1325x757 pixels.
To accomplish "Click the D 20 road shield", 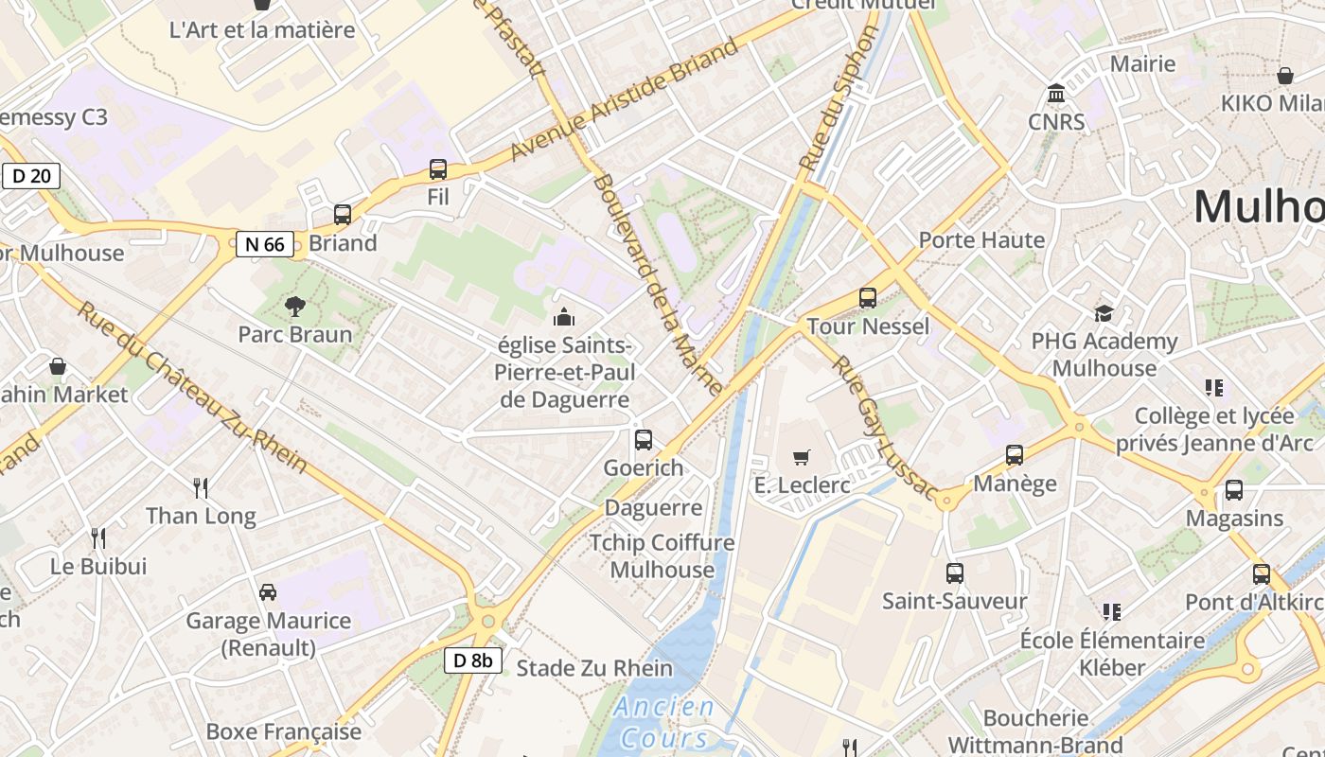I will [31, 176].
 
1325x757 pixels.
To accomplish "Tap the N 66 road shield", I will [264, 244].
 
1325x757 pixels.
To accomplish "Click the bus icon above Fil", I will [438, 169].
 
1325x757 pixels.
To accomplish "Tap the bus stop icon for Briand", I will [343, 215].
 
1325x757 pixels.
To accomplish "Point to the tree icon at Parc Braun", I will [295, 306].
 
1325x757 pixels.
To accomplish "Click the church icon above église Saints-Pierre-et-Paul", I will [564, 316].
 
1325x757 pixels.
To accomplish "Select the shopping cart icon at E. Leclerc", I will [802, 458].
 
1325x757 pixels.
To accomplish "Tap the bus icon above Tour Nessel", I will [867, 298].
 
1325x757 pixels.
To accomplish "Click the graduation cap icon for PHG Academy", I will [1104, 313].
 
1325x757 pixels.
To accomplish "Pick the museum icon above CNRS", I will [1056, 94].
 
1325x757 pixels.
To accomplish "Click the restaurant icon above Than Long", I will [201, 488].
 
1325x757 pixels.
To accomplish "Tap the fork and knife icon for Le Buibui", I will [98, 538].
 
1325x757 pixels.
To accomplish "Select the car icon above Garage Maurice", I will [268, 592].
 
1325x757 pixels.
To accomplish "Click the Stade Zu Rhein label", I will [594, 668].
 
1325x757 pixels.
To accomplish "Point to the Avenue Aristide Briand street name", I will [624, 99].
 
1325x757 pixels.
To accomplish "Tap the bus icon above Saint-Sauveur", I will [954, 573].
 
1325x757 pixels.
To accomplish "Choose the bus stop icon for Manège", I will [1015, 455].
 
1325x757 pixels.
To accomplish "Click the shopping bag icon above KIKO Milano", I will [1285, 76].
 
